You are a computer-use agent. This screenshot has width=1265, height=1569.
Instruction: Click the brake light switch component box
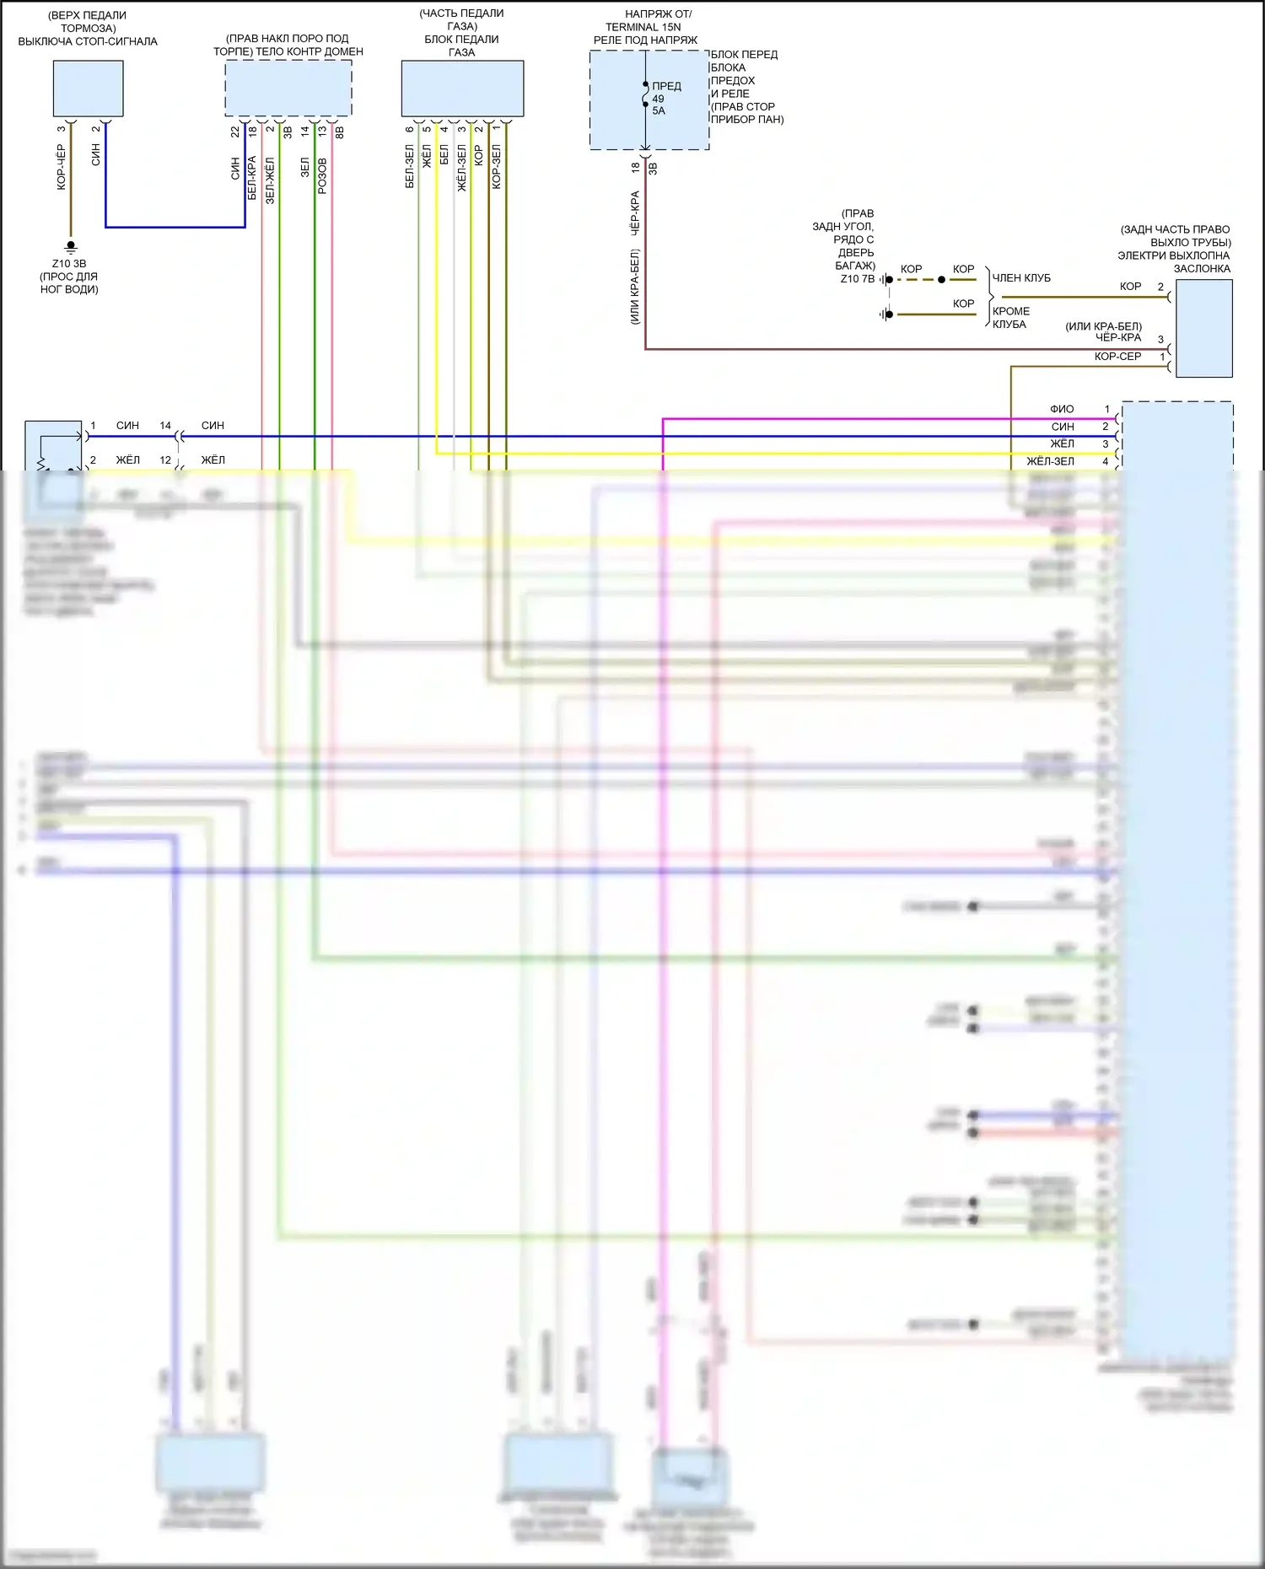tap(88, 88)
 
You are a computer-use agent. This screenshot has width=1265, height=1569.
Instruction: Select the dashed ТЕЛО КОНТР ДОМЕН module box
tap(288, 88)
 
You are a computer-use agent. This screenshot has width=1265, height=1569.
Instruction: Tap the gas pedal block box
tap(462, 88)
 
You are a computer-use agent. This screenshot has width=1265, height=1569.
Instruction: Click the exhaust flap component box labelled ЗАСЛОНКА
tap(1203, 328)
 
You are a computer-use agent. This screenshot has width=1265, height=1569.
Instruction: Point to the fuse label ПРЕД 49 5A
tap(665, 98)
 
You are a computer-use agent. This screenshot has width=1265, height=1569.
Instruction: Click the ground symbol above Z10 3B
tap(71, 246)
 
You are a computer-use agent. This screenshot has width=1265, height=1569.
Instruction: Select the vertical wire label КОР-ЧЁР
tap(61, 167)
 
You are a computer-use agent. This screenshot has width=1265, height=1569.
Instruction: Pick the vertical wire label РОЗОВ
tap(322, 176)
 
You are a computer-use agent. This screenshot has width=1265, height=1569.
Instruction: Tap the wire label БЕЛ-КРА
tap(251, 178)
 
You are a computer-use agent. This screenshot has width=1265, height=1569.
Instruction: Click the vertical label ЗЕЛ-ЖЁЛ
tap(270, 180)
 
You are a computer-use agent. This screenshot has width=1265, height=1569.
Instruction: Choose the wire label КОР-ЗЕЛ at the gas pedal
tap(497, 166)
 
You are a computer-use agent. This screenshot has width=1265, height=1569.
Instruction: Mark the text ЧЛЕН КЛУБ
tap(1021, 278)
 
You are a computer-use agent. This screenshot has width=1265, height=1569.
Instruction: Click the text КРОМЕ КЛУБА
tap(1010, 318)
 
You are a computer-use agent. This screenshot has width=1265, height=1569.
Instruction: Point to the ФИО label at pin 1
tap(1062, 409)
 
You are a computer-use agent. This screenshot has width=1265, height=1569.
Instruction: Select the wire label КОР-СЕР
tap(1117, 357)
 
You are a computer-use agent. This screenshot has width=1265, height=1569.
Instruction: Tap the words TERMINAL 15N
tap(643, 27)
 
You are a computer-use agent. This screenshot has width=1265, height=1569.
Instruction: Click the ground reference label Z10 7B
tap(857, 279)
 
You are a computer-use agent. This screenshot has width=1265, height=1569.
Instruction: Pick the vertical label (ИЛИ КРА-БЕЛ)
tap(635, 287)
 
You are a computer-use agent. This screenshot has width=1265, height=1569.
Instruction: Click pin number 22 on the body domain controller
tap(235, 132)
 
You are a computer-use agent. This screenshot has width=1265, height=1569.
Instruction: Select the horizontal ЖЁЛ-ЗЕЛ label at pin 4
tap(1050, 461)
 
